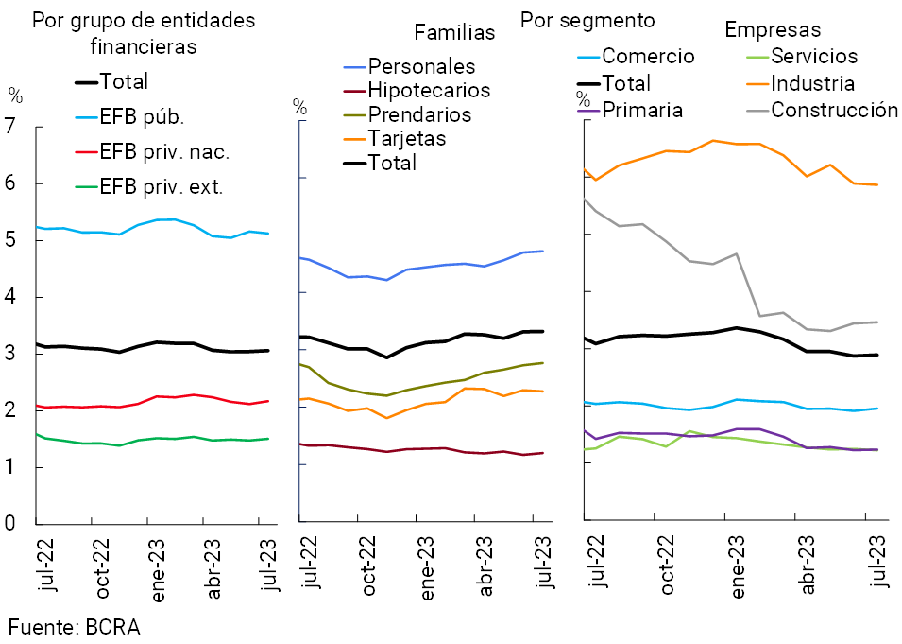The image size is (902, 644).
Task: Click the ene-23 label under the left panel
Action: pyautogui.click(x=155, y=565)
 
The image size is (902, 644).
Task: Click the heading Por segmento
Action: pyautogui.click(x=587, y=20)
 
